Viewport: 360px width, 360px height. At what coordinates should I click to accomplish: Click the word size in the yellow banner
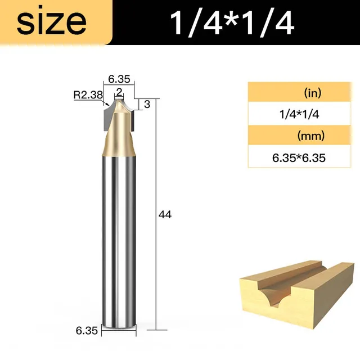[52, 22]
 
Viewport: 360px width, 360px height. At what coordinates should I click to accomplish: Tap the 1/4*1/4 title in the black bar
[232, 22]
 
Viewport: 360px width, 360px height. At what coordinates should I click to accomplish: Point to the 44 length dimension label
[165, 214]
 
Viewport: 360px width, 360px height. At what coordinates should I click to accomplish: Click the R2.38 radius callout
[88, 95]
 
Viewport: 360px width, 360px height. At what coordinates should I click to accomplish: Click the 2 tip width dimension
[119, 92]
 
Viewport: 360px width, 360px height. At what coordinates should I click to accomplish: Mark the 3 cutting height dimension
[146, 105]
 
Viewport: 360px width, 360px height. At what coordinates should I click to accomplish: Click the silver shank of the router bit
[119, 236]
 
